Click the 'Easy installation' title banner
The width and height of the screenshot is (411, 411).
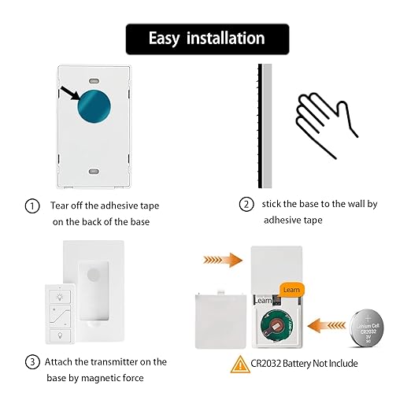tap(207, 39)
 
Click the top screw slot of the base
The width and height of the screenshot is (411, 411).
tap(93, 81)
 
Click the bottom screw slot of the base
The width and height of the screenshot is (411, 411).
tap(93, 170)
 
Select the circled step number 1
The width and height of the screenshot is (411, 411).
tap(32, 206)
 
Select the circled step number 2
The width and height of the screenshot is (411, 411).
tap(246, 204)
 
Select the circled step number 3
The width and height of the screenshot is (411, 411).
tap(32, 362)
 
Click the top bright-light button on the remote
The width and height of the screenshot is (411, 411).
tap(58, 298)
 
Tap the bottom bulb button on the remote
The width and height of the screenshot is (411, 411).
tap(58, 335)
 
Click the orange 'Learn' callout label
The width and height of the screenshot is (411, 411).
tap(291, 289)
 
